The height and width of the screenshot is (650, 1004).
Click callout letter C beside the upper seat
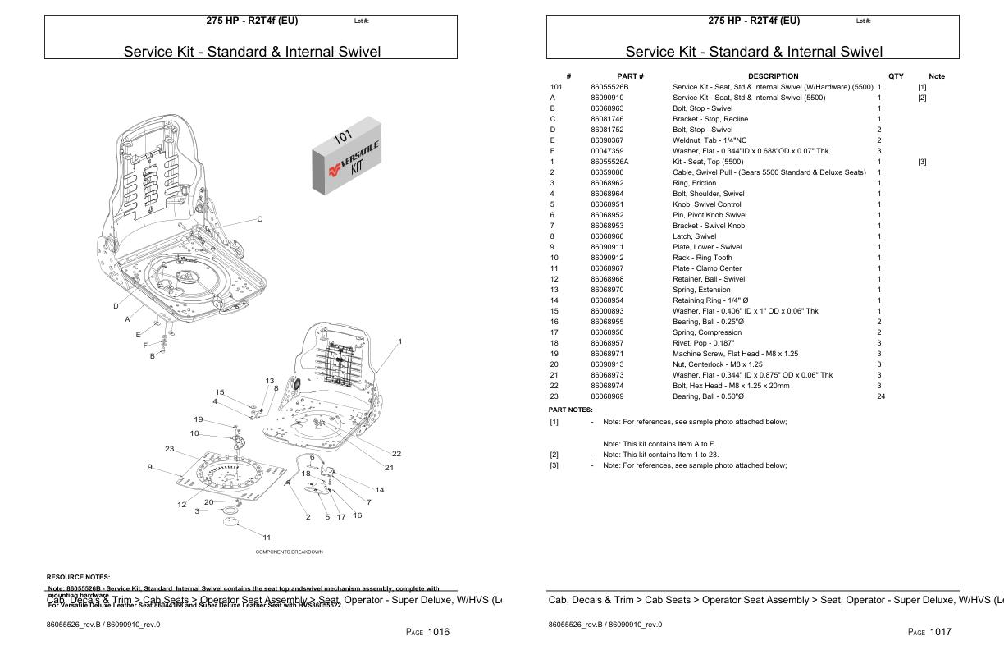(260, 219)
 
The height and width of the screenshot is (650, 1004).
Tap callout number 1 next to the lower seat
(399, 341)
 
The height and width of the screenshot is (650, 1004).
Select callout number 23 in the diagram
(170, 449)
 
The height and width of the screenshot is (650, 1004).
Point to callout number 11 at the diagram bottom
(266, 537)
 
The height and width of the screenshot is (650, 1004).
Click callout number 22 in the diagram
(396, 454)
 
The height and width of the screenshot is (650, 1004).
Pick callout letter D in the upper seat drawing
(116, 306)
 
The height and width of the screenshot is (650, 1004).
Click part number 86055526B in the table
(609, 87)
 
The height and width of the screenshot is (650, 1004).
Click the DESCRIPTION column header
(772, 76)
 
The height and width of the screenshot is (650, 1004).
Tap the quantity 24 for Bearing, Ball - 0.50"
(880, 396)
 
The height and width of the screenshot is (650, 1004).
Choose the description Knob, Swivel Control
(706, 204)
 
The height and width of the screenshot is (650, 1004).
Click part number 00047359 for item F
(607, 151)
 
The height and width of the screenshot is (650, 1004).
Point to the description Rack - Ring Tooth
(702, 258)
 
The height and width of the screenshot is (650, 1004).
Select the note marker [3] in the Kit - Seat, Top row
(922, 162)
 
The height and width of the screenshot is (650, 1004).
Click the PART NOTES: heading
(570, 409)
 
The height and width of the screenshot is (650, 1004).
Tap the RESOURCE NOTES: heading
(78, 577)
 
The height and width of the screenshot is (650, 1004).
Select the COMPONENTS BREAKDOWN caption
(289, 552)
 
